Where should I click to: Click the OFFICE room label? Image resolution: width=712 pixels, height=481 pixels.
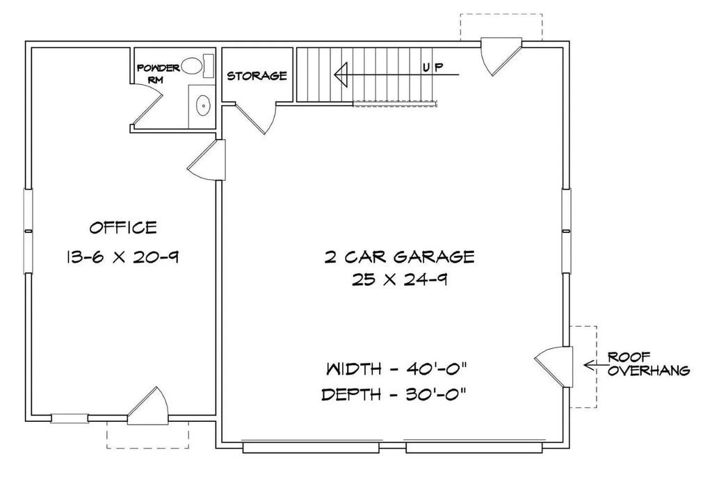(122, 227)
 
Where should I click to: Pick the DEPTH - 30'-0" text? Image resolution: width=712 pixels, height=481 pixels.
(394, 395)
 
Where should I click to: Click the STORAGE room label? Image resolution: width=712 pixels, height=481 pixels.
(257, 76)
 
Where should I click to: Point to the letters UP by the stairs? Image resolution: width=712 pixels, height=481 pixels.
(432, 67)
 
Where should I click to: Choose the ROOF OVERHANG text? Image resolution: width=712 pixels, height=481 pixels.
(648, 364)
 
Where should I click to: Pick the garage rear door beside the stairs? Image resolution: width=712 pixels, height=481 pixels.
(501, 56)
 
